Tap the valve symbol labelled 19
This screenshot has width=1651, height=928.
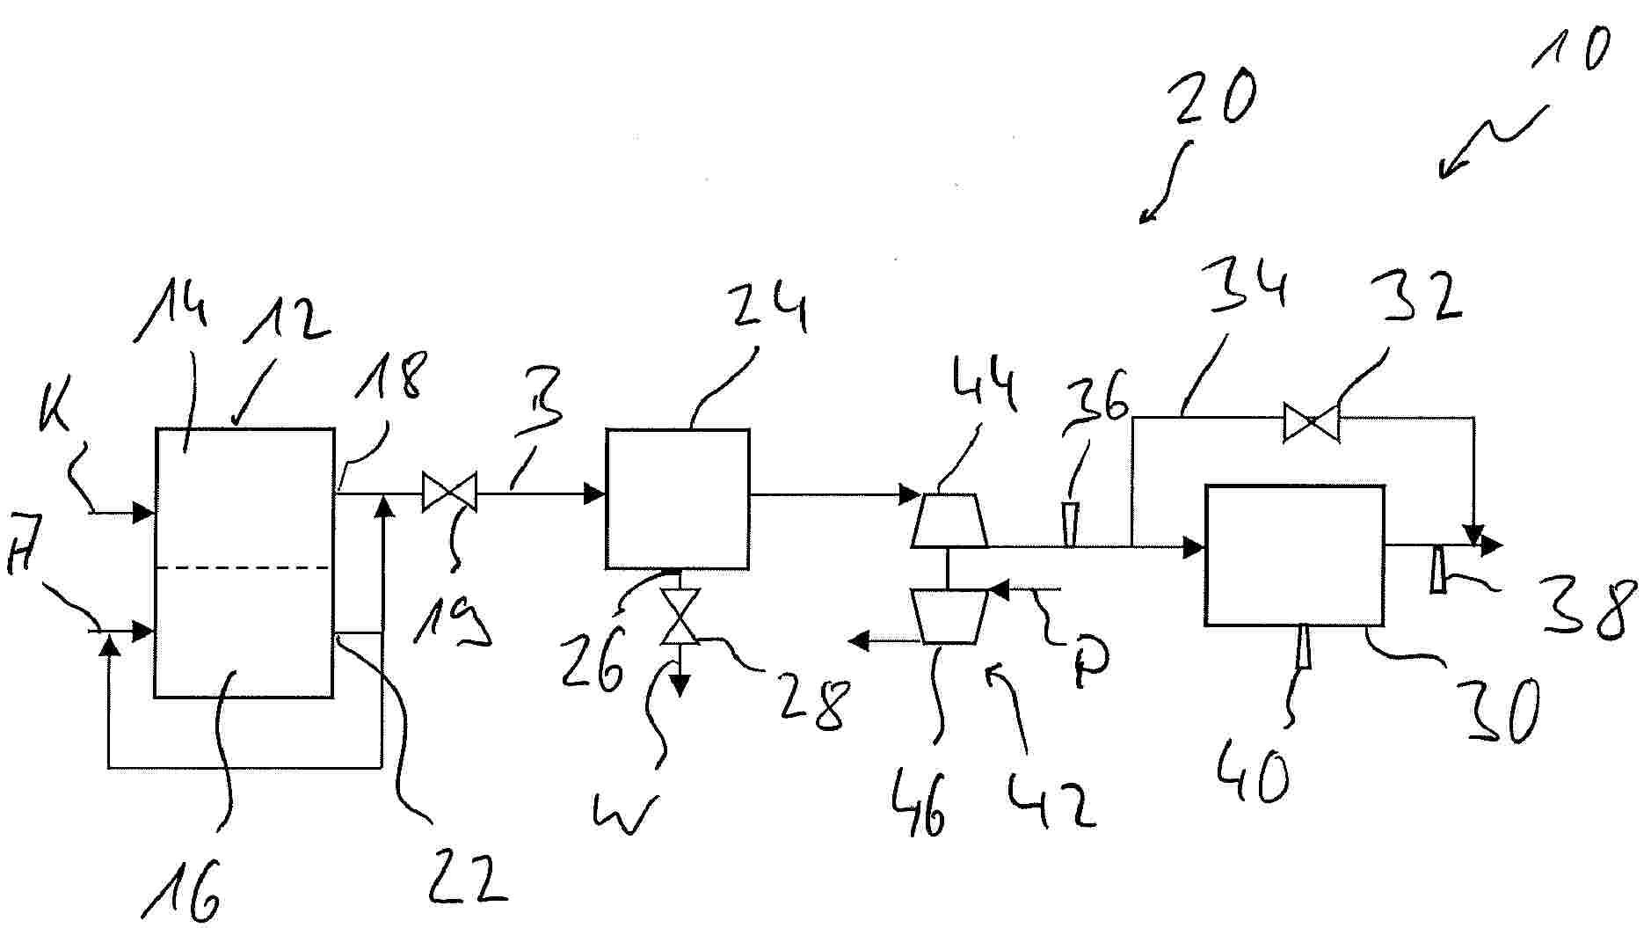(x=449, y=492)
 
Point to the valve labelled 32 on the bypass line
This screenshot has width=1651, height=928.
(x=1311, y=421)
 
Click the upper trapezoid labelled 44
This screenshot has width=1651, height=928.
(x=949, y=520)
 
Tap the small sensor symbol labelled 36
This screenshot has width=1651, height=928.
(x=1070, y=523)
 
